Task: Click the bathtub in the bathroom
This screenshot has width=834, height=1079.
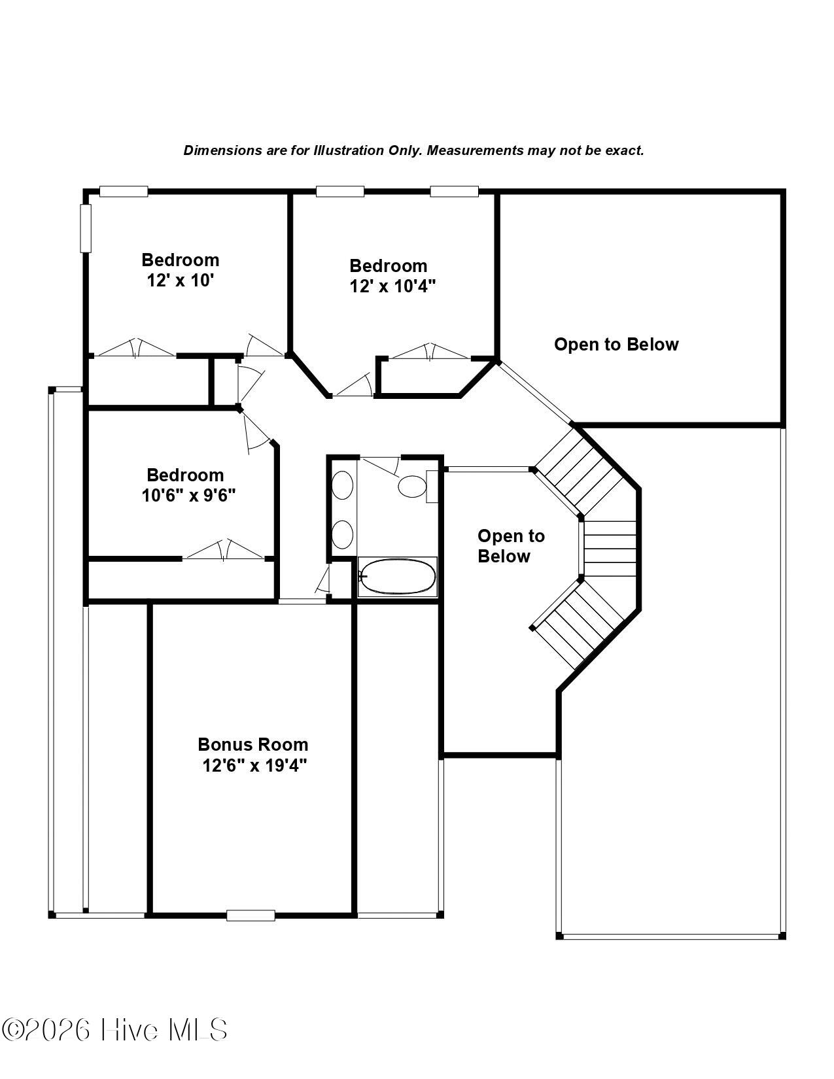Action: pyautogui.click(x=397, y=577)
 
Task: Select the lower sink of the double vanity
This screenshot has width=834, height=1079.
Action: pyautogui.click(x=342, y=534)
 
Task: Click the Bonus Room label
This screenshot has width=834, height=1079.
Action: pyautogui.click(x=253, y=744)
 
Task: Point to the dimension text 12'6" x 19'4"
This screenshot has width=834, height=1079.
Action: pyautogui.click(x=254, y=766)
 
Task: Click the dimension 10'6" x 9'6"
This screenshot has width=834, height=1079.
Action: pyautogui.click(x=188, y=496)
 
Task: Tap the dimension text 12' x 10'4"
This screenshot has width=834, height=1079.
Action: pyautogui.click(x=392, y=286)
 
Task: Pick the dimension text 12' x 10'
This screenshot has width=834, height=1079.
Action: pyautogui.click(x=180, y=281)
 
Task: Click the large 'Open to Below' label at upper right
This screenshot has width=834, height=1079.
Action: pyautogui.click(x=616, y=344)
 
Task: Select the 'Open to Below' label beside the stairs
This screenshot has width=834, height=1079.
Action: pyautogui.click(x=511, y=545)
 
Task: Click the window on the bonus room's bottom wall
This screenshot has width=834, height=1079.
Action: pyautogui.click(x=251, y=915)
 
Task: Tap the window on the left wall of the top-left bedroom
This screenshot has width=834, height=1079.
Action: pyautogui.click(x=86, y=228)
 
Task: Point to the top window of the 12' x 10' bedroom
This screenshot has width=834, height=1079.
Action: pyautogui.click(x=124, y=191)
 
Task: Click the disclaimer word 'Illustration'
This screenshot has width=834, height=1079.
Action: pyautogui.click(x=349, y=150)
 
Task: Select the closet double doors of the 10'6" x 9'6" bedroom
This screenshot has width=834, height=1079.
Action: pyautogui.click(x=224, y=551)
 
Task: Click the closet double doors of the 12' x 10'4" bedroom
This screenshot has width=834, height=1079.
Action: pyautogui.click(x=430, y=351)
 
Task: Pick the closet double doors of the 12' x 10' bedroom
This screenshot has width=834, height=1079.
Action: pyautogui.click(x=135, y=348)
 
